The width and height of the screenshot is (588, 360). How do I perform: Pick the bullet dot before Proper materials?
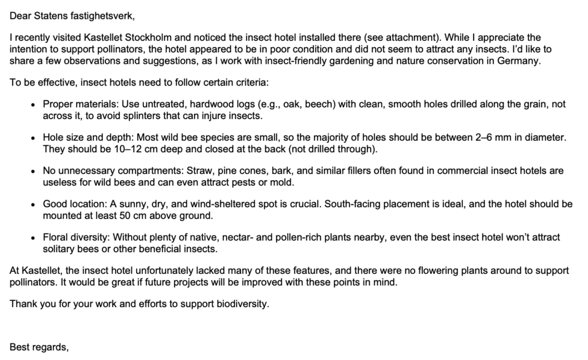pos(34,105)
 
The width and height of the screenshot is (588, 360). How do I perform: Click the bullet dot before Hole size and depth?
pos(34,138)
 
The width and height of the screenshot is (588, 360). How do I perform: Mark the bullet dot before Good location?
pos(34,205)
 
